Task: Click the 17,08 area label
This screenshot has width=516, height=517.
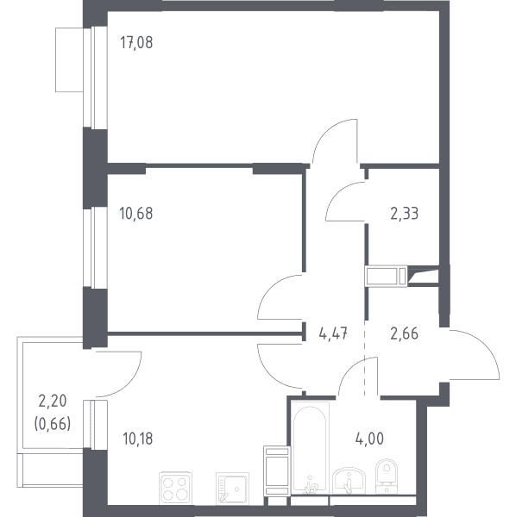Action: (x=136, y=43)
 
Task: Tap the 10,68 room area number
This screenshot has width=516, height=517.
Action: (x=136, y=214)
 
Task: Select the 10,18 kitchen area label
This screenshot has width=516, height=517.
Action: (x=138, y=439)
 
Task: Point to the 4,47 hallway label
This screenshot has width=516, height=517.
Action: (x=333, y=333)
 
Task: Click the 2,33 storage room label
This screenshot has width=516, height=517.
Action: (x=405, y=214)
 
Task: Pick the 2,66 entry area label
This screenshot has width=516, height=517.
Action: (x=405, y=333)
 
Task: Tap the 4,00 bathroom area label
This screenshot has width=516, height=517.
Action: (x=369, y=439)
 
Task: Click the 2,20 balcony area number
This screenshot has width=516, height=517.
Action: (x=53, y=402)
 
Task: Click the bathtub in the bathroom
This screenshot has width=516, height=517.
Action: (x=310, y=448)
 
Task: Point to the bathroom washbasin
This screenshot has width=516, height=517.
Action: (x=349, y=481)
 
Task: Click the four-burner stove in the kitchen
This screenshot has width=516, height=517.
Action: (x=175, y=488)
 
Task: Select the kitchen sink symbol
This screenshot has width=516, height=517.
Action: (x=232, y=489)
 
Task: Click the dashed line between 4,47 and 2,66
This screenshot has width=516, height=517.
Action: (x=365, y=358)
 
